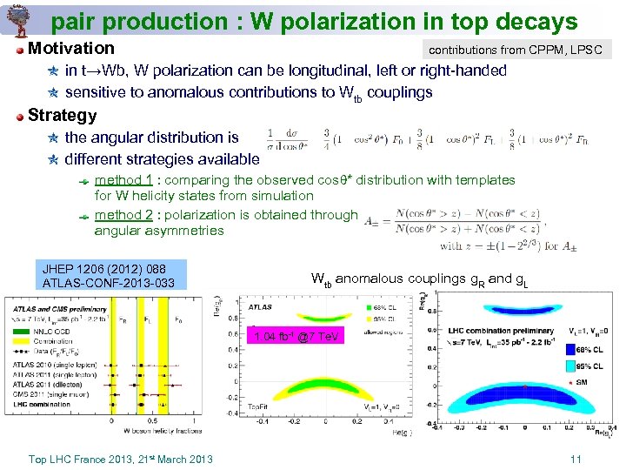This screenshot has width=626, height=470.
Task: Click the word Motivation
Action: [70, 48]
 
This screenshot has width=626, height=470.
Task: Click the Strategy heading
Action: [62, 115]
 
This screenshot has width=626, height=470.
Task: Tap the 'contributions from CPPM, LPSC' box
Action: [516, 50]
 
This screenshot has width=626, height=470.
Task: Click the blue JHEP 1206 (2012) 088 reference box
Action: [109, 275]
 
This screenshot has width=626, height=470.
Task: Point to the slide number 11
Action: [575, 459]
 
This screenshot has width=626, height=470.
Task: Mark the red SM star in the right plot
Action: [524, 386]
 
